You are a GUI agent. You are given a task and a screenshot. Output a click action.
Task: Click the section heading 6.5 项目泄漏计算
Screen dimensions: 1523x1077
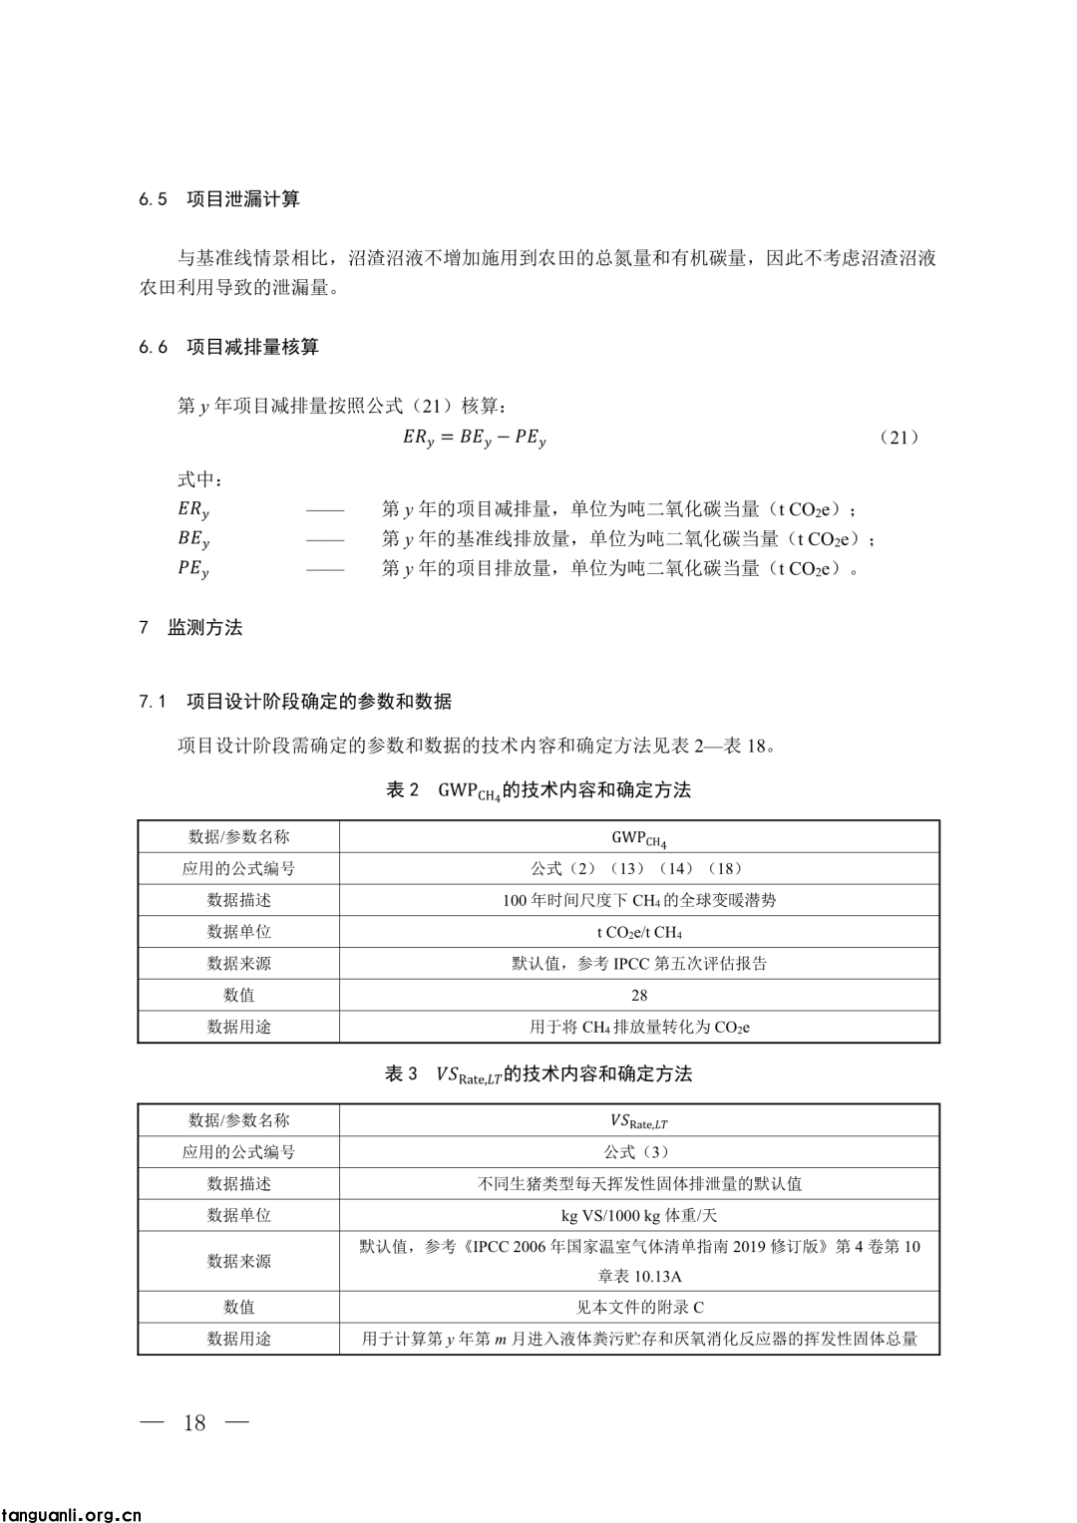(x=219, y=199)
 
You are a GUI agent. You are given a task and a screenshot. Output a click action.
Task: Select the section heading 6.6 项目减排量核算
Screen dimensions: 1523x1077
(x=229, y=347)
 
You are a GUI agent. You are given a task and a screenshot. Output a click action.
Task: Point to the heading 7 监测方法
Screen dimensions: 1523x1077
(x=190, y=628)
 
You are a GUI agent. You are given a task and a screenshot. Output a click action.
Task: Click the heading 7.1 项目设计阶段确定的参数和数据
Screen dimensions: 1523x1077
(x=295, y=702)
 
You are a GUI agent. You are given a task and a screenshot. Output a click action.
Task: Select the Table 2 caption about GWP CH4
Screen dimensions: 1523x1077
(x=538, y=791)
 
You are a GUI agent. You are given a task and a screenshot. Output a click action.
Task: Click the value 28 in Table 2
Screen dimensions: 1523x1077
(x=639, y=995)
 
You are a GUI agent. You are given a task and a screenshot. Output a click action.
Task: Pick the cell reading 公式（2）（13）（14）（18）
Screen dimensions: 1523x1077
(x=639, y=868)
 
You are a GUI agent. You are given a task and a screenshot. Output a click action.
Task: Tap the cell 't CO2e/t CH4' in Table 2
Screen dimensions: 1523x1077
(x=639, y=932)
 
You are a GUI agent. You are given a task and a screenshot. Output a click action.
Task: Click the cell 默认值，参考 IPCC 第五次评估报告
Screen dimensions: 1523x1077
(x=639, y=963)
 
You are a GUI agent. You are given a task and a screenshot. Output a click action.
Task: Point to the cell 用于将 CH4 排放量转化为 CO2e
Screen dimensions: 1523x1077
(x=639, y=1027)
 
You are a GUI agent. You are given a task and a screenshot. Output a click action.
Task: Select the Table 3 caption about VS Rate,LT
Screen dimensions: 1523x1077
(x=538, y=1074)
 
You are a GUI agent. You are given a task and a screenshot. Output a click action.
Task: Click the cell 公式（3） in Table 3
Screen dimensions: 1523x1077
(x=639, y=1152)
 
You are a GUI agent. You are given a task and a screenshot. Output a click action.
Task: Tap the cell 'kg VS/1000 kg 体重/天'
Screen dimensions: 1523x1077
(x=639, y=1215)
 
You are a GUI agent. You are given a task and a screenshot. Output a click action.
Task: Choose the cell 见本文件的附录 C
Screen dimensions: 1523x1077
(x=639, y=1307)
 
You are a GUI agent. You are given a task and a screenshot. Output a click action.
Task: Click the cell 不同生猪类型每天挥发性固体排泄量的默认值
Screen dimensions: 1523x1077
(x=639, y=1184)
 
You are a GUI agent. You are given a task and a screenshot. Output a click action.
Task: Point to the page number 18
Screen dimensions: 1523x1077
(x=194, y=1422)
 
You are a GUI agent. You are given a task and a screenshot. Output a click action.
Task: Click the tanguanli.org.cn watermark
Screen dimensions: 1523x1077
(x=72, y=1515)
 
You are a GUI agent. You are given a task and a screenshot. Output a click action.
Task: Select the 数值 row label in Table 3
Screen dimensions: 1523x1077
(x=238, y=1307)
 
